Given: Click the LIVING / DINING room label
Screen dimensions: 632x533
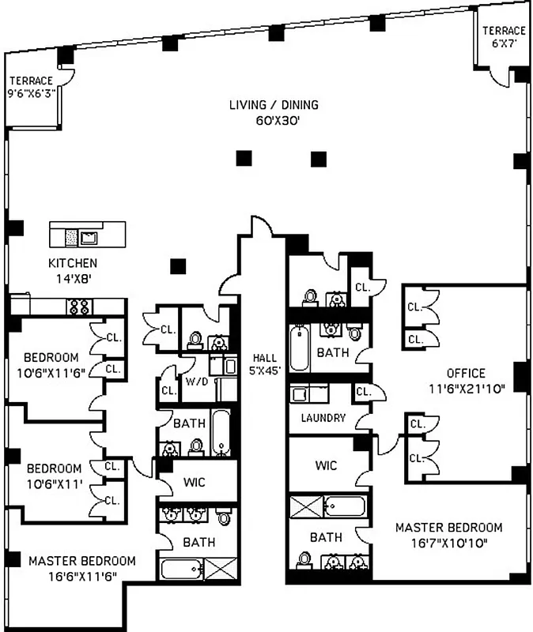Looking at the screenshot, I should pos(274,105).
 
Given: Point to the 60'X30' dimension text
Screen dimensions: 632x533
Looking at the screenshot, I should pos(274,121).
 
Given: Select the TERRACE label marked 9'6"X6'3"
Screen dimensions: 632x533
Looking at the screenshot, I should pos(31,81).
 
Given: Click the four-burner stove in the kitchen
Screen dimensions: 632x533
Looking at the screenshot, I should pos(79,307).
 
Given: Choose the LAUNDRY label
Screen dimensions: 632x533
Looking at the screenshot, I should pos(323,418).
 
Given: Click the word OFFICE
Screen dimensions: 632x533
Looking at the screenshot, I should pos(466,373).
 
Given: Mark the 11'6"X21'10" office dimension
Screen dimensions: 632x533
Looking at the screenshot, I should pos(466,388).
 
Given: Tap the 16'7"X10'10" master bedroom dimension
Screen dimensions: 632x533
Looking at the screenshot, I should pos(448,543).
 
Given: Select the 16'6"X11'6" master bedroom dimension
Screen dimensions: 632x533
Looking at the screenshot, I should pos(81,576).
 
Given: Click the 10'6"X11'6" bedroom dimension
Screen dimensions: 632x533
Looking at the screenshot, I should pos(54,371).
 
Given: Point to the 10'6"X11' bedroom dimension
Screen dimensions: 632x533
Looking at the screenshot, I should pos(54,483).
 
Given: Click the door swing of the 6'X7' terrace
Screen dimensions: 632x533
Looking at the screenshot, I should pos(497,75).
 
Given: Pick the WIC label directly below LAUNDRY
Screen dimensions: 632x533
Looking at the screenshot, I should pos(327,465).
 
